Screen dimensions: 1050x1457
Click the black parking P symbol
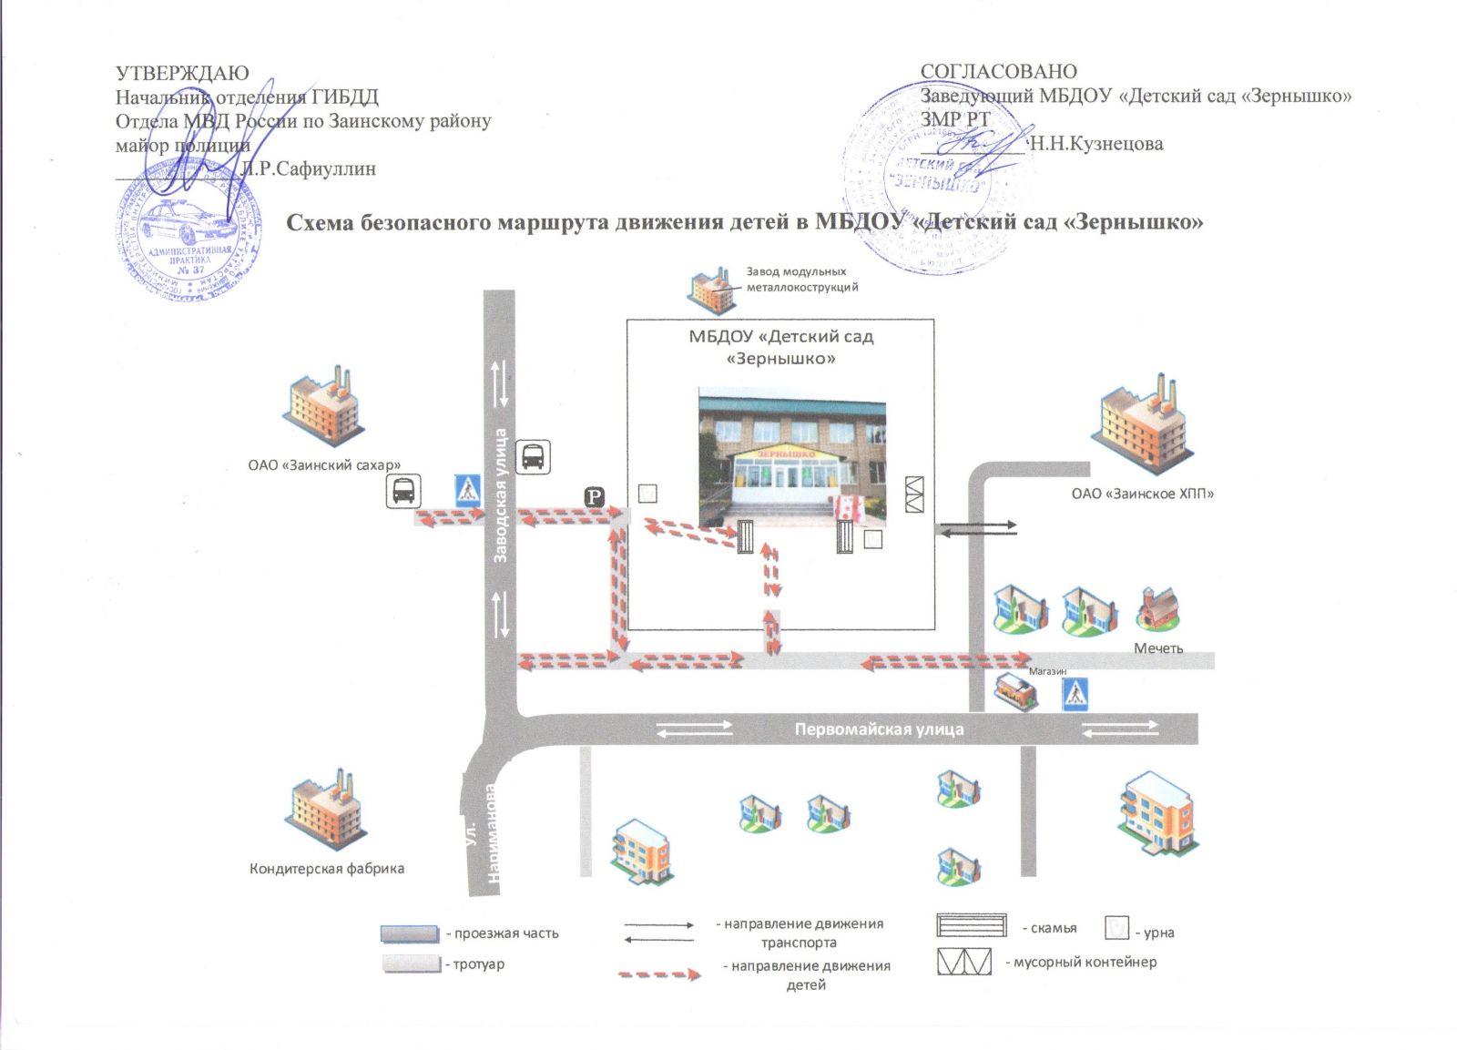pos(594,497)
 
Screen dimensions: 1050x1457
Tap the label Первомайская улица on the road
pos(879,729)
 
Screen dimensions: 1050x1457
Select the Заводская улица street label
pos(500,495)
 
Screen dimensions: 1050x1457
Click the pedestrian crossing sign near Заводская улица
pos(468,491)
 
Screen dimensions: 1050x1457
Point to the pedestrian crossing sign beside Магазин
pos(1075,695)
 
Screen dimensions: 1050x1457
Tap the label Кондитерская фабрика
pos(327,869)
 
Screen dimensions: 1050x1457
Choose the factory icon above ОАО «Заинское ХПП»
pos(1144,423)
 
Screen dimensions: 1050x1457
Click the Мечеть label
pos(1158,648)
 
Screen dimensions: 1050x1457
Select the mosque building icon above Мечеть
pos(1158,607)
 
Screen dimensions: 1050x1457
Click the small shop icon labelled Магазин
pos(1015,692)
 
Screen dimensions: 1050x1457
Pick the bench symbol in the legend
pos(972,924)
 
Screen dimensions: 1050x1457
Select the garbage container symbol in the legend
pos(963,962)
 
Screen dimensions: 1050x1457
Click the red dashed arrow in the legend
pos(659,974)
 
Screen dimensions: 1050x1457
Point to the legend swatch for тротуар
pos(412,963)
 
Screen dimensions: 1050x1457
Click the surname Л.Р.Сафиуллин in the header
pos(309,168)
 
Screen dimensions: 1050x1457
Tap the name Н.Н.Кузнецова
pos(1095,143)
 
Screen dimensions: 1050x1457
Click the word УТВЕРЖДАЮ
pos(182,73)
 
